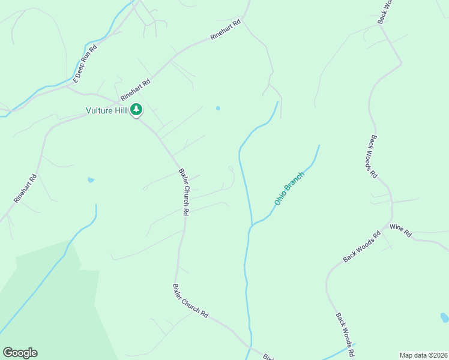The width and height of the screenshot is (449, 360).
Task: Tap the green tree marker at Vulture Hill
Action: pos(137,110)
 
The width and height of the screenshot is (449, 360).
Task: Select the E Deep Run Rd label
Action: pos(85,63)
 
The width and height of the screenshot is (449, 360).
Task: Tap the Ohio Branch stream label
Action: pos(289,188)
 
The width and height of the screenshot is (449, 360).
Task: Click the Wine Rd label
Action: pos(400,229)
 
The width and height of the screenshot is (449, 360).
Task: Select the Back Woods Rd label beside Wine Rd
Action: pos(362,247)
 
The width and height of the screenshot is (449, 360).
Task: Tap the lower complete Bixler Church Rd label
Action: pos(190,301)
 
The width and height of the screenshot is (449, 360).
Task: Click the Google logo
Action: pos(20,353)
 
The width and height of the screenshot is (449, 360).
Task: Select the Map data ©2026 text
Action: pos(423,355)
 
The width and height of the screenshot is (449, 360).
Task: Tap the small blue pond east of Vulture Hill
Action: pos(218,109)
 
